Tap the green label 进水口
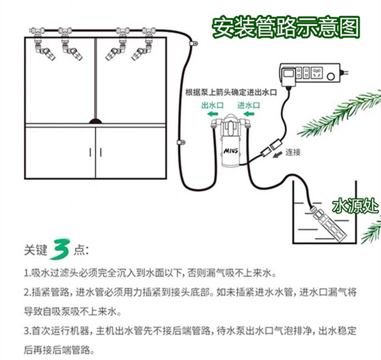coord(249,105)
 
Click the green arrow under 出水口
coord(213,115)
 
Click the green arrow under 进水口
coord(248,115)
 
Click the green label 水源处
coord(355,206)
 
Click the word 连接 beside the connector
coord(293,153)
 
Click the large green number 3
coord(63,248)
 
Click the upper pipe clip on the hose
coord(194,44)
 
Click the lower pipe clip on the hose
coord(180,142)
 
